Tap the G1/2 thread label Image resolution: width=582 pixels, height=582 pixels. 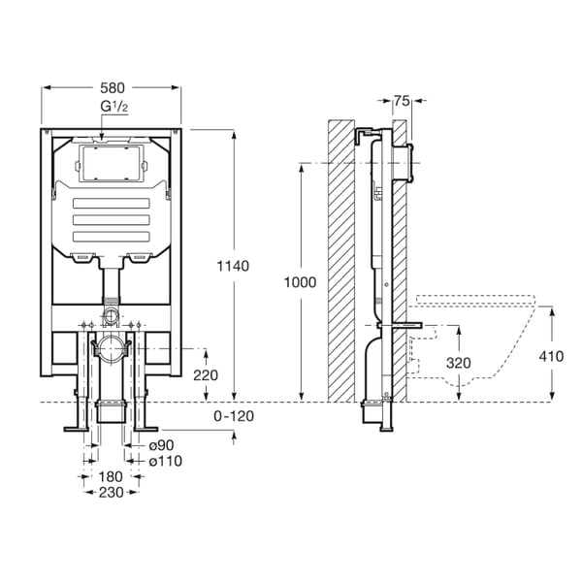[111, 106]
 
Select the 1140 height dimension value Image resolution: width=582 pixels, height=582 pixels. [234, 266]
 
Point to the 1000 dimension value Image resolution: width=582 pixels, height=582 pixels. [301, 281]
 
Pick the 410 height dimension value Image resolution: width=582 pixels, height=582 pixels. [551, 355]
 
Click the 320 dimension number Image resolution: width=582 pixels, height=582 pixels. [458, 362]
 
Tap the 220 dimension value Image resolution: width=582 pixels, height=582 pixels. [205, 374]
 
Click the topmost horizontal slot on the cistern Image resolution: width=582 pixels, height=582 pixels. [112, 204]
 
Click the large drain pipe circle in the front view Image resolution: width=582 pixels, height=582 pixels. [110, 344]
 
